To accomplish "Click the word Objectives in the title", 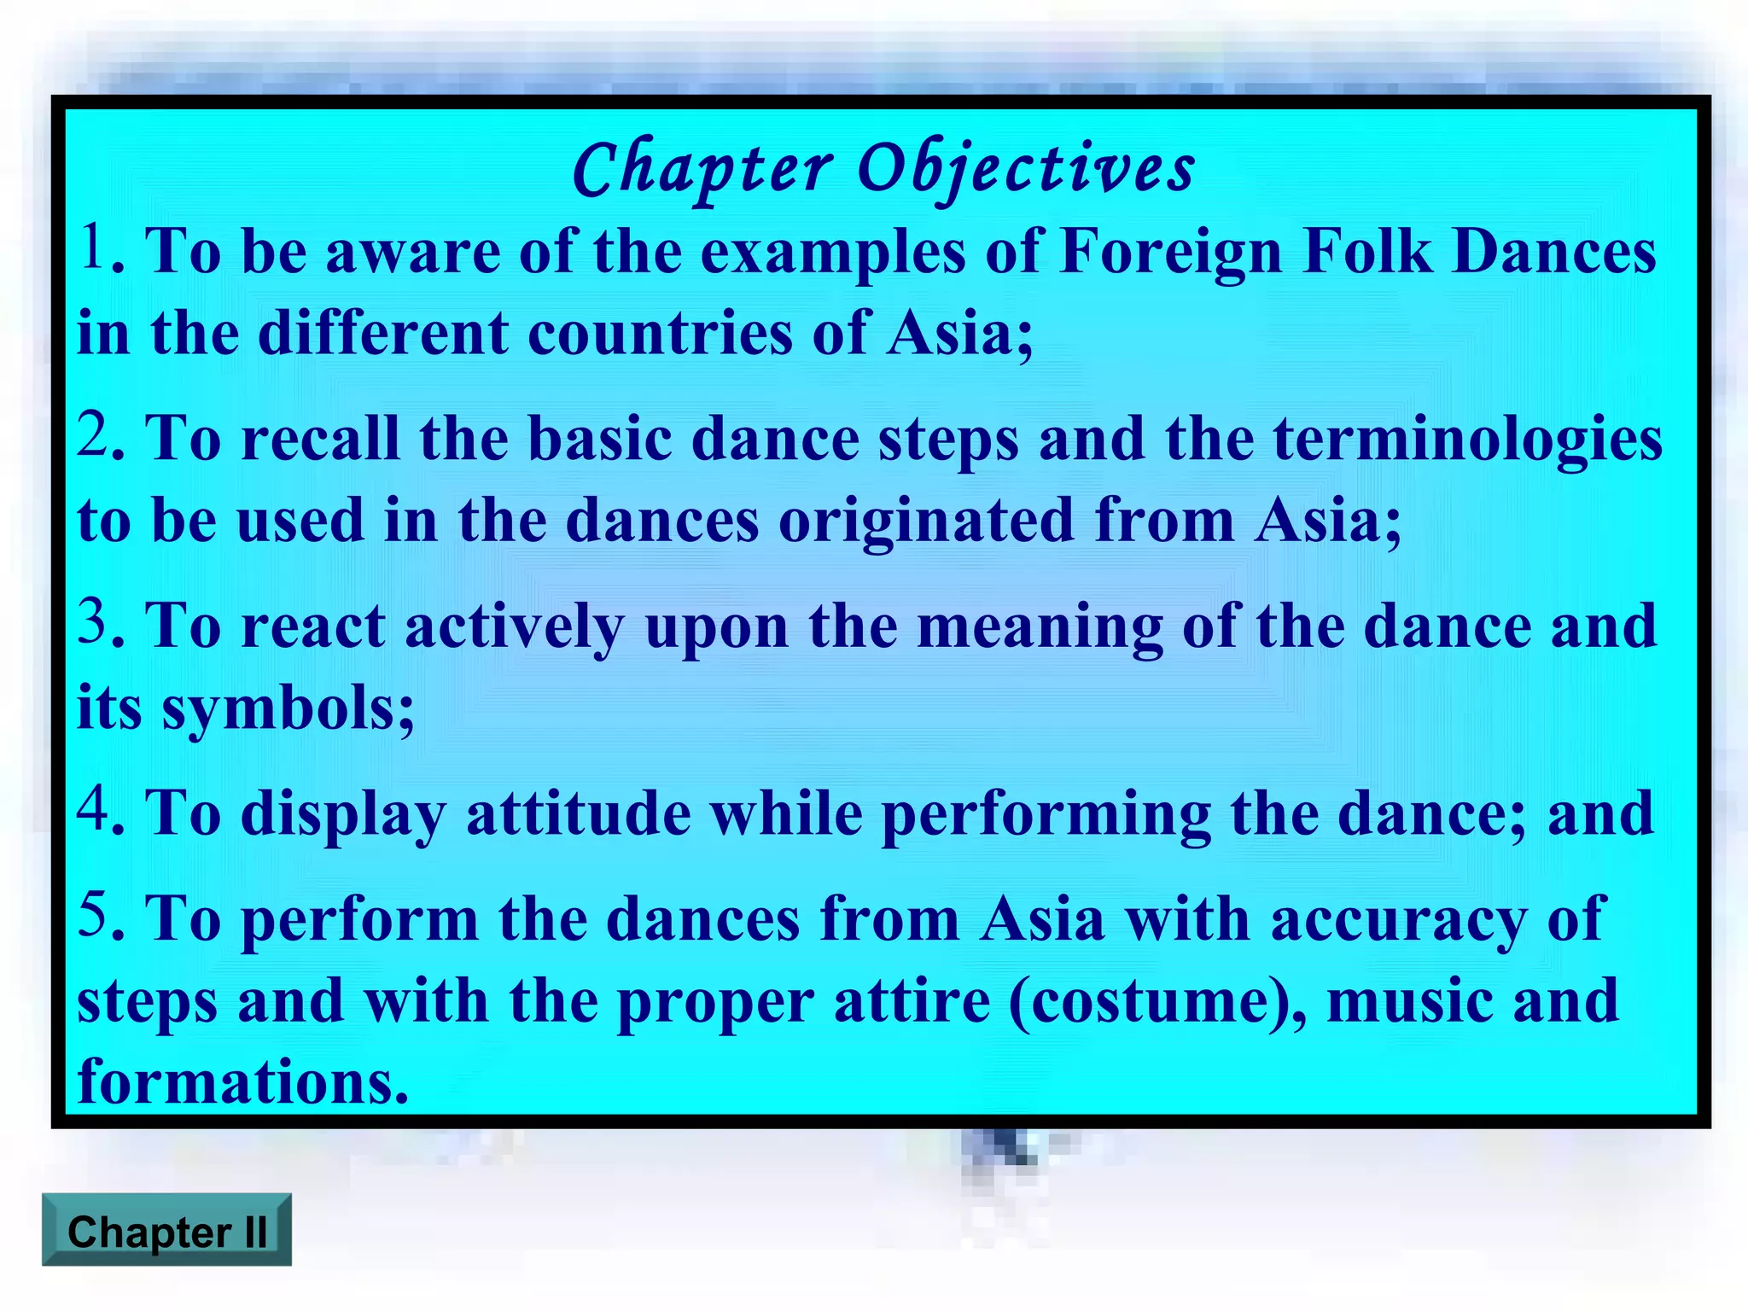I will [1026, 168].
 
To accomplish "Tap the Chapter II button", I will [166, 1230].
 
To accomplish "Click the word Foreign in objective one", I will [1171, 253].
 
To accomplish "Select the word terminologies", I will [1468, 440].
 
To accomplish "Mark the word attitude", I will [578, 813].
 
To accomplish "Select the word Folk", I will [1368, 253].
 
